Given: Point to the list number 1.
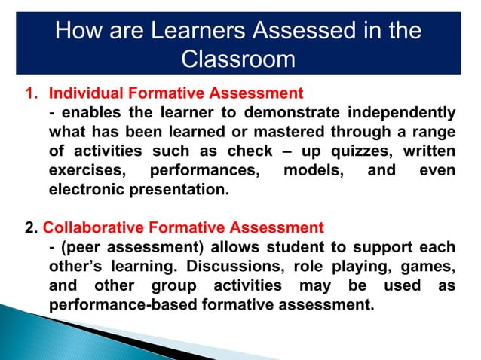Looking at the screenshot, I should click(30, 94).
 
